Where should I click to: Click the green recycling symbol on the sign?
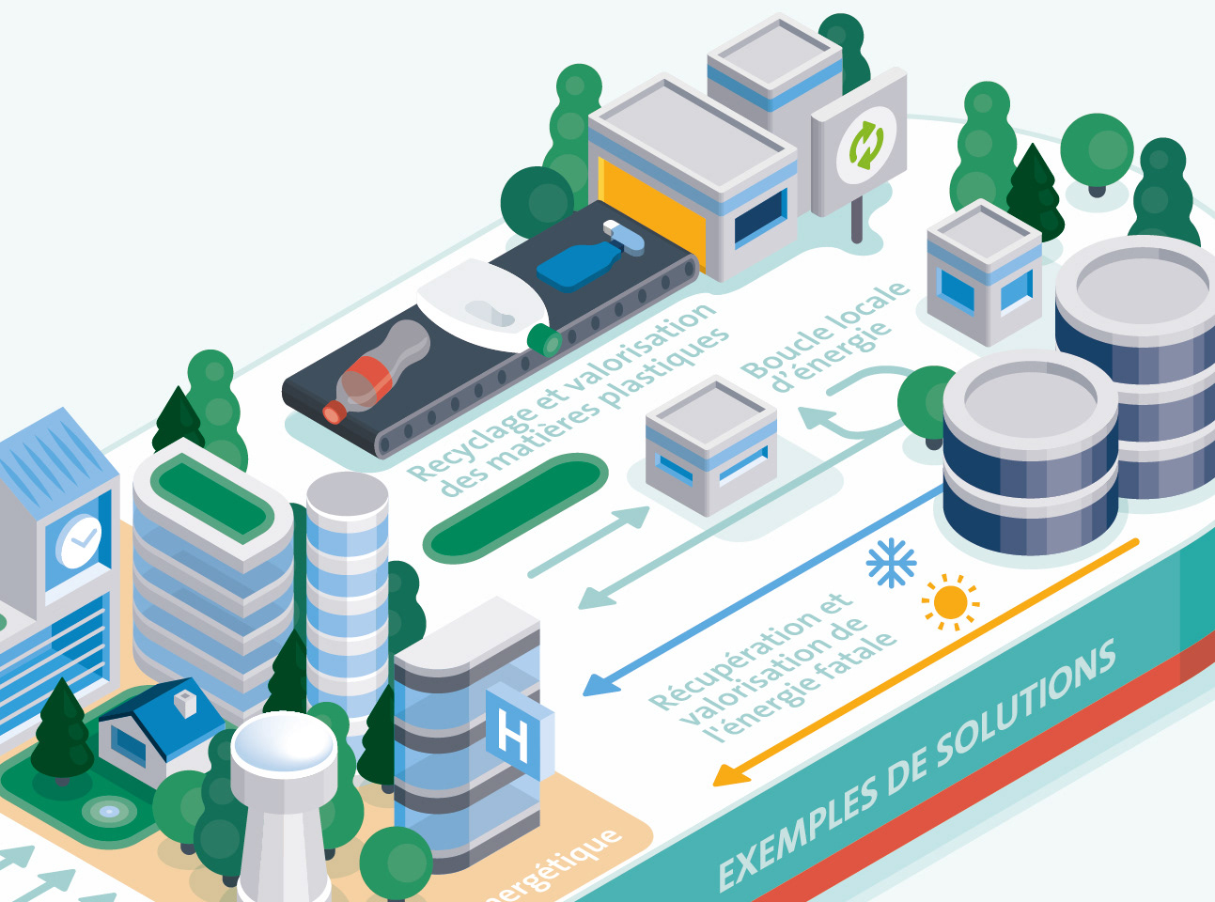coord(865,144)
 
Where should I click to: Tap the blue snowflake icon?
coord(890,563)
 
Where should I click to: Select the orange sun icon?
coord(950,601)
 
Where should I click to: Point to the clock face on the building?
coord(80,540)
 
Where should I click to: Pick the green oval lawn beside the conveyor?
coord(516,506)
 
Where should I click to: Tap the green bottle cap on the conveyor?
coord(544,338)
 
